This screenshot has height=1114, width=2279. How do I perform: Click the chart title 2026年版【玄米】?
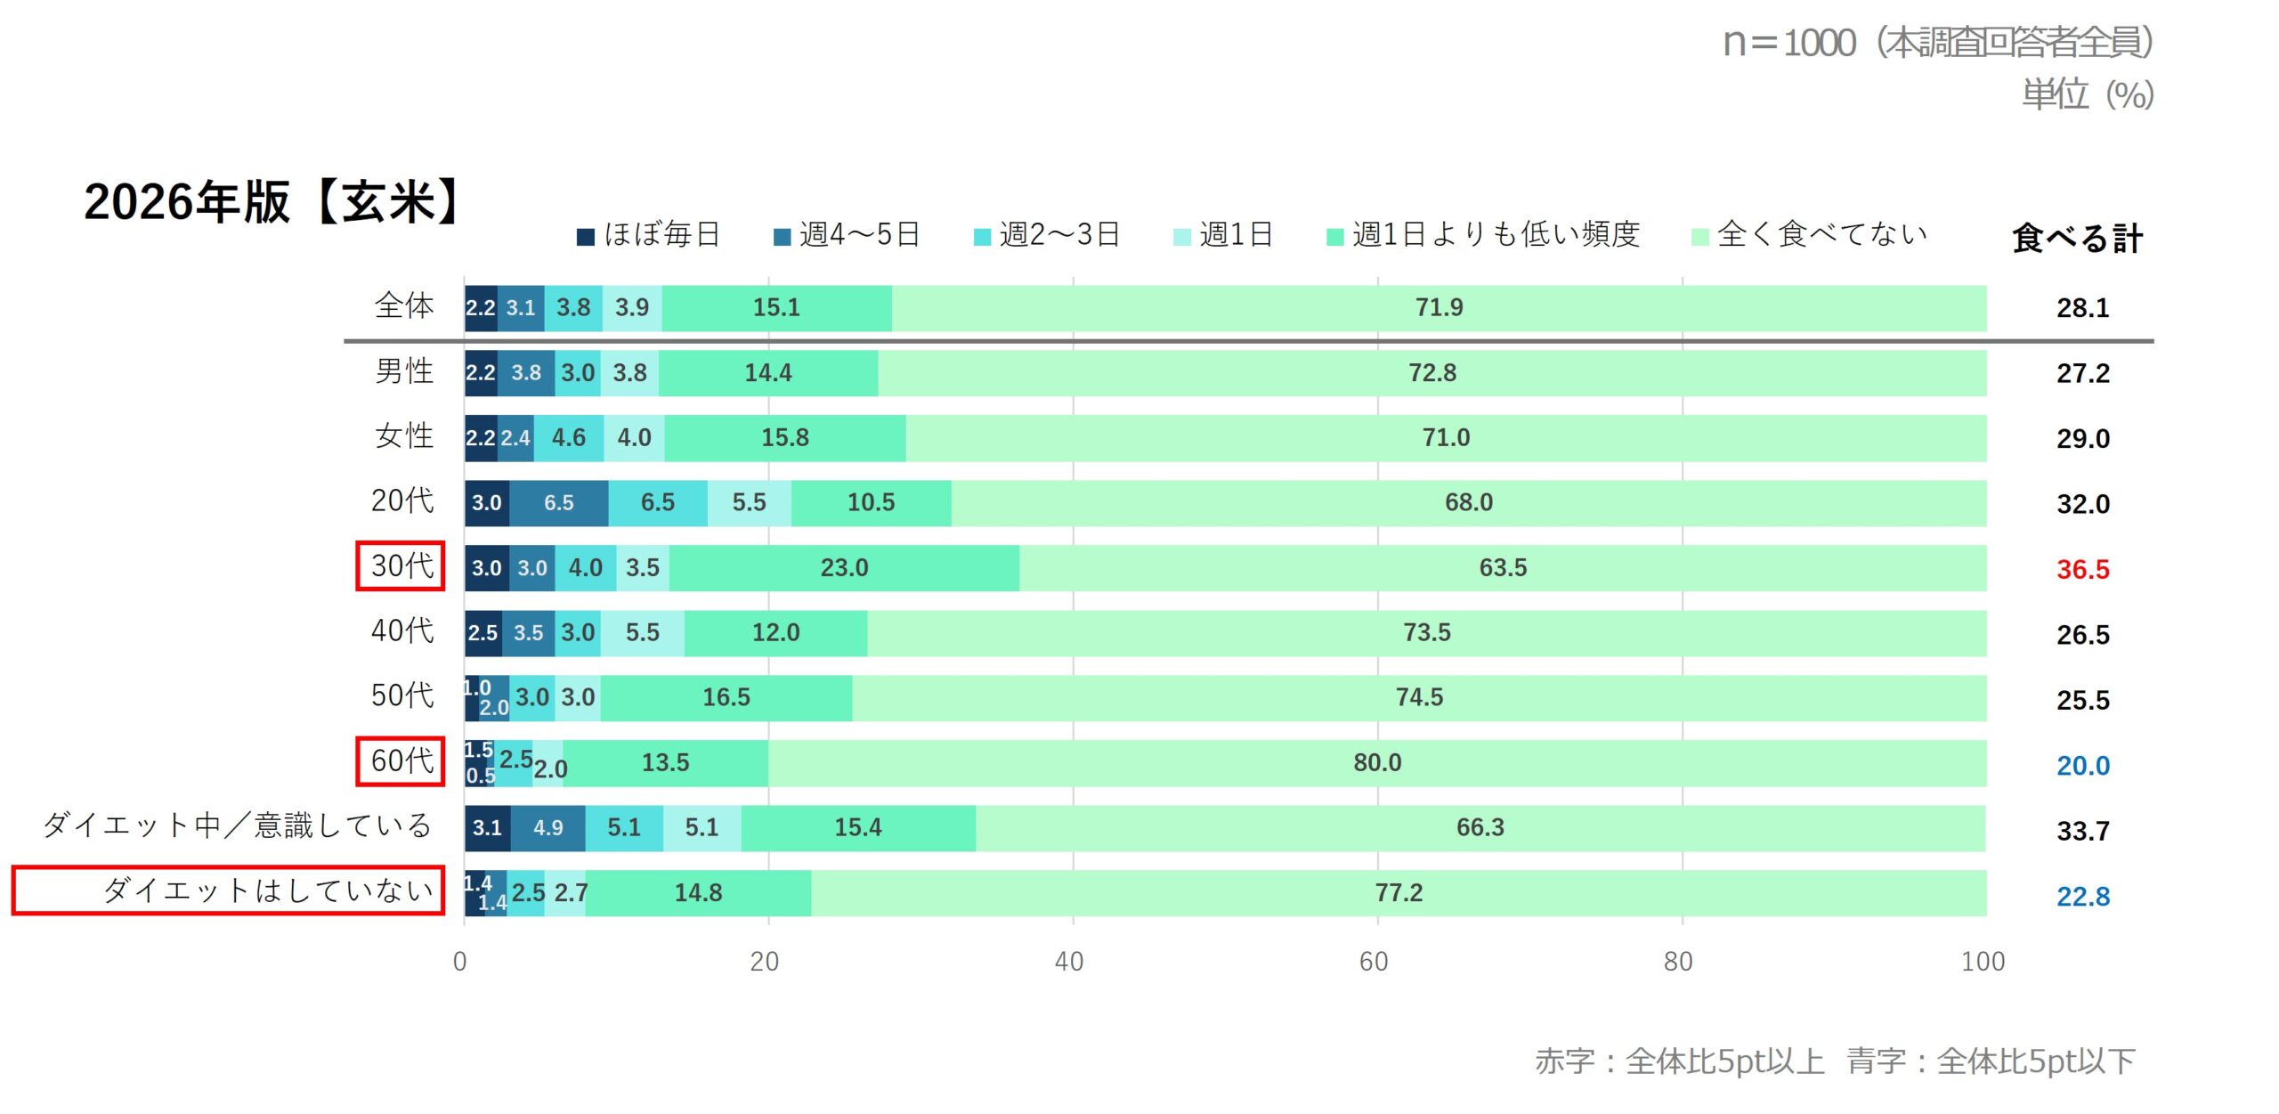coord(272,202)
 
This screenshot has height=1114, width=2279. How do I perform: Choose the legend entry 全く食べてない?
coord(1810,235)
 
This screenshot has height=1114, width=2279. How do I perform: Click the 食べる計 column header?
coord(2077,238)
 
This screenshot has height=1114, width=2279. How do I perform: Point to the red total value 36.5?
coord(2082,569)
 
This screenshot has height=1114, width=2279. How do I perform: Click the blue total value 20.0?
coord(2082,765)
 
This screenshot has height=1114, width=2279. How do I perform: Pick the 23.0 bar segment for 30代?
coord(844,568)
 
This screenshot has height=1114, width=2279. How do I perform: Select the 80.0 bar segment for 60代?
coord(1377,763)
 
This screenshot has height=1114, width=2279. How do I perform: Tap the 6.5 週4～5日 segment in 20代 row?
coord(559,503)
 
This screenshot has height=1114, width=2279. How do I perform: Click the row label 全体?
coord(404,306)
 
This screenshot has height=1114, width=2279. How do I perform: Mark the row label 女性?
coord(404,436)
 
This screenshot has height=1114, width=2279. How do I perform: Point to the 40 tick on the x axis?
coord(1069,962)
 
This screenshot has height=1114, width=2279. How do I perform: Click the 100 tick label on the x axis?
coord(1983,962)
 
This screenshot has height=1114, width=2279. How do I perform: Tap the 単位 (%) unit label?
coord(2087,94)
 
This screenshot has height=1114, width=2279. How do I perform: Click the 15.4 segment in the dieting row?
coord(858,828)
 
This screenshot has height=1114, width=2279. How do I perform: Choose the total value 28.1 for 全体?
coord(2082,308)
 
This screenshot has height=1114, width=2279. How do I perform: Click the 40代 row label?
coord(402,631)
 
